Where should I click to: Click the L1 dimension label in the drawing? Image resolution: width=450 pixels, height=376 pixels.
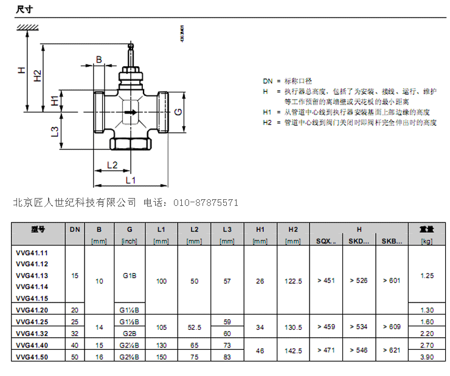[130, 180]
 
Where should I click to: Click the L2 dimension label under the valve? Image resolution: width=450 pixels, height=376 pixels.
[112, 165]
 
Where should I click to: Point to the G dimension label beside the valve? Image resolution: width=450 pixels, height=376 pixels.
[178, 112]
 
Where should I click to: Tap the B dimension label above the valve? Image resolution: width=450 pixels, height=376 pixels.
[99, 59]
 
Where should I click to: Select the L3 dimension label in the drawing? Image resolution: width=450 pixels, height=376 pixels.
[55, 131]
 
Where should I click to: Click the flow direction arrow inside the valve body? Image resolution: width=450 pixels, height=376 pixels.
[130, 112]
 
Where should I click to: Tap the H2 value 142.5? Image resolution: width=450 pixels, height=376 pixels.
[293, 350]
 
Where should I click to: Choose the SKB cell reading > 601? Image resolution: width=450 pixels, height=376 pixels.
[392, 281]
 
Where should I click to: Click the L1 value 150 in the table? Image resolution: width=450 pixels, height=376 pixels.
[161, 356]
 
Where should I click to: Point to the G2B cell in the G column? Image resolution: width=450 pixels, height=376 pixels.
[130, 333]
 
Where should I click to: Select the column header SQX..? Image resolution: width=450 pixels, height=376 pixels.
[326, 241]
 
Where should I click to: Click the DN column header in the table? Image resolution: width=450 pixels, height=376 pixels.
[75, 230]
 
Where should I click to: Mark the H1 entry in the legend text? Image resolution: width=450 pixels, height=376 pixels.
[268, 112]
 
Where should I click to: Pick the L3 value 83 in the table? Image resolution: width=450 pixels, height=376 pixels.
[227, 356]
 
